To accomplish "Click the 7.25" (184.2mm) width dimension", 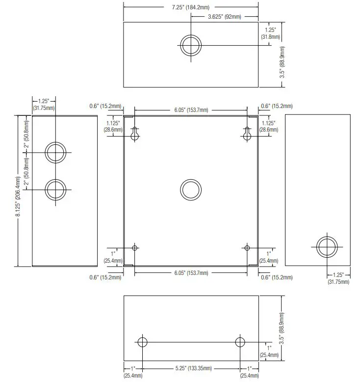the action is pos(191,7).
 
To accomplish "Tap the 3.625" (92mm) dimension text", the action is pos(225,17).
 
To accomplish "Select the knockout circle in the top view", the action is pos(191,35).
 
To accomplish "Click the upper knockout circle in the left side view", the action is pos(55,142).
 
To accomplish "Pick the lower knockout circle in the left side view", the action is pos(55,180).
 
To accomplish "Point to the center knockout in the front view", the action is pos(191,180).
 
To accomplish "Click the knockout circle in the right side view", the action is pos(327,237).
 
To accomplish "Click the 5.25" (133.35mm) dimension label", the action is pos(194,368).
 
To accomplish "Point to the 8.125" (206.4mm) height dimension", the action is pos(18,196).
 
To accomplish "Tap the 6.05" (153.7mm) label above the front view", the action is pos(191,110).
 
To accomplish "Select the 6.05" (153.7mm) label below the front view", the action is pos(191,273).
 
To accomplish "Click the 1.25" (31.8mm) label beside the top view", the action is pos(270,33).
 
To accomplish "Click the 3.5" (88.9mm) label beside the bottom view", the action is pos(282,328).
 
